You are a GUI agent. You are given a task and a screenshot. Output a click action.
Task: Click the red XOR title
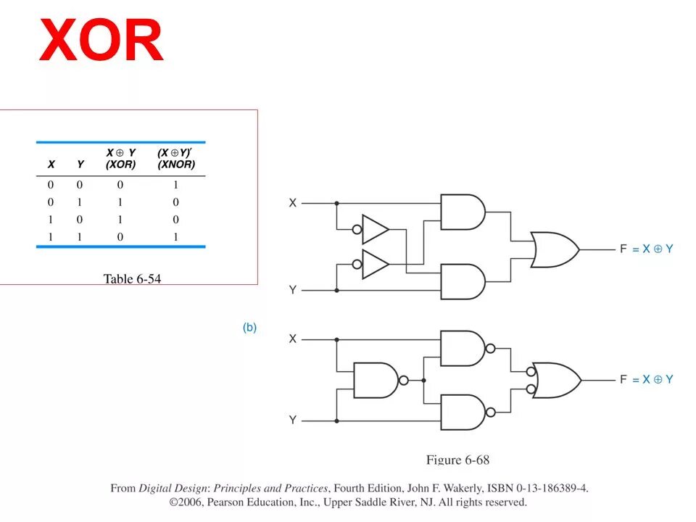(x=101, y=41)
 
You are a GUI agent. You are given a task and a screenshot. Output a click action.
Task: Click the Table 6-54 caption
(x=132, y=279)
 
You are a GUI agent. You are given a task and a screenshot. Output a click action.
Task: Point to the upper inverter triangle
(x=375, y=229)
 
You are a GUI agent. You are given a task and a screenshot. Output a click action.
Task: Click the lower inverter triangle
(x=375, y=265)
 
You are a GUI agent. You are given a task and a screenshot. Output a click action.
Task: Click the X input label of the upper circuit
(x=293, y=203)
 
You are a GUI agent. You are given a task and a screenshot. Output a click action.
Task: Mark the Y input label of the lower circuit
(x=293, y=420)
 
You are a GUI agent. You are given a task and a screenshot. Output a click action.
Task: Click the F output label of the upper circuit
(x=623, y=249)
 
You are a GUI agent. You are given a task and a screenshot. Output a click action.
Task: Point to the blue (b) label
(x=249, y=328)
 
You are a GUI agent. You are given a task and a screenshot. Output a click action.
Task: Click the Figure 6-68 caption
(x=457, y=460)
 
